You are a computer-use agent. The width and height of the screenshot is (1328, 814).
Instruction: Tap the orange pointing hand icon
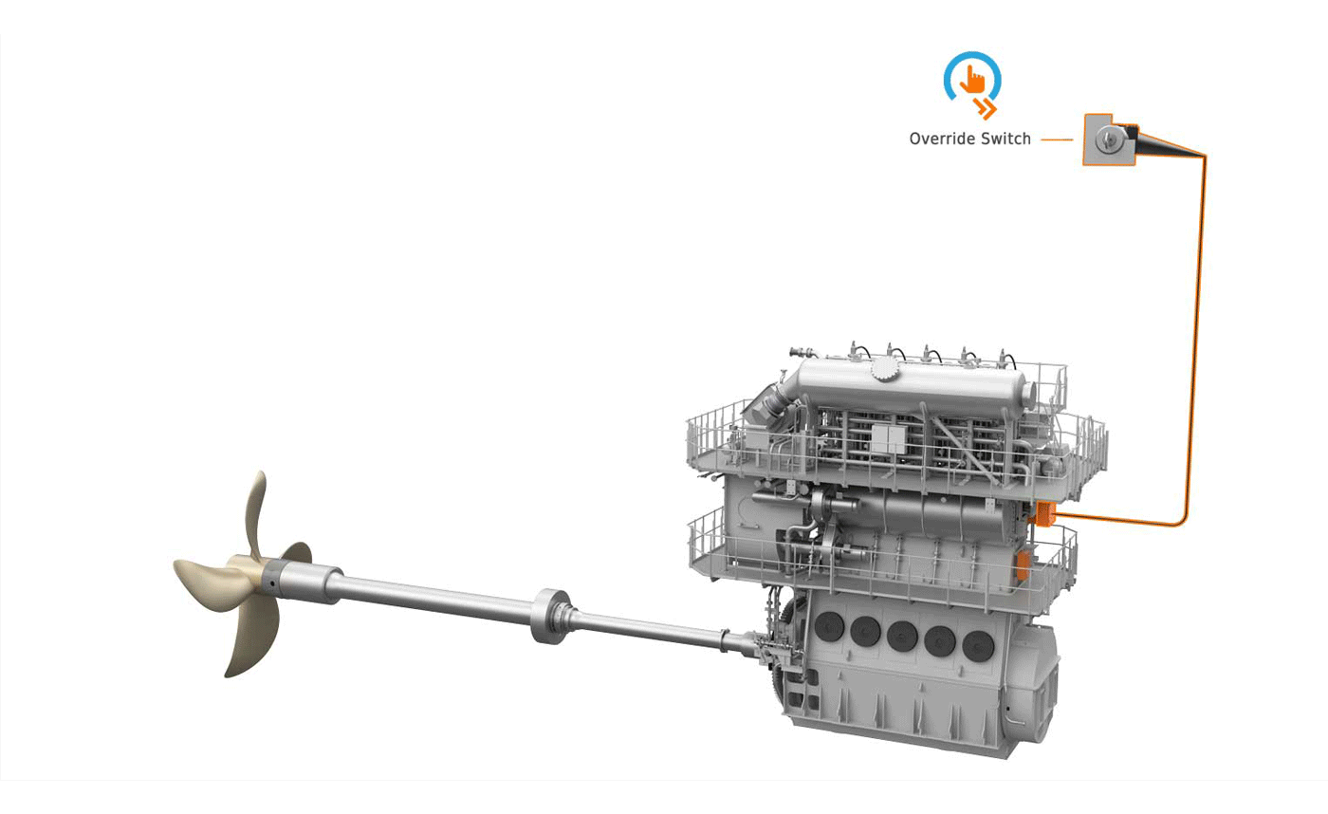(x=972, y=80)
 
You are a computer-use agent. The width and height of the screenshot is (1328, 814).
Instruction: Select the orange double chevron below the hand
(x=986, y=108)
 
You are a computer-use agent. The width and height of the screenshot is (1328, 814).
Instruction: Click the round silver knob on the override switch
(x=1106, y=140)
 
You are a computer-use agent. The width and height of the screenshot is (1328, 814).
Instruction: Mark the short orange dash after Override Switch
(x=1057, y=139)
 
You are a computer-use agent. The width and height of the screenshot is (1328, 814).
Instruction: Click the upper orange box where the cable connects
(x=1043, y=513)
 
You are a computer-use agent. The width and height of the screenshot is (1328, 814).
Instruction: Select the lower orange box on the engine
(x=1023, y=566)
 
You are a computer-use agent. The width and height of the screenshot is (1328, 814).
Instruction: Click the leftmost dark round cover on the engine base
(x=829, y=627)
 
